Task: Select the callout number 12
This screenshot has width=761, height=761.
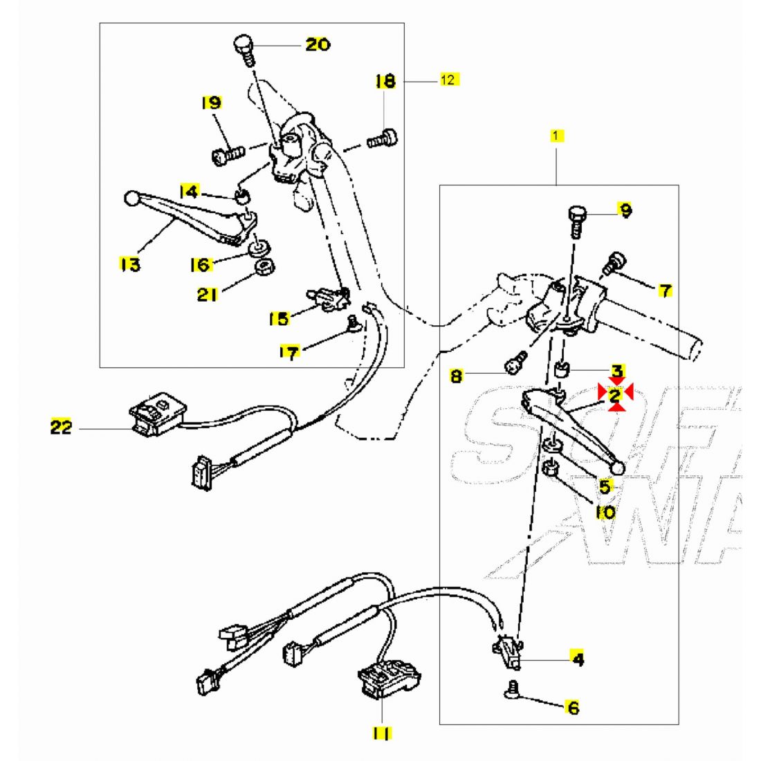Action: pos(448,80)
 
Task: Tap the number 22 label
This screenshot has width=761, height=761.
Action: pos(61,428)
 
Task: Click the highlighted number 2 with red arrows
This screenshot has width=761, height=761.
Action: pos(615,395)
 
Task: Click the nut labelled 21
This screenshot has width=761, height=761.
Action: pos(264,268)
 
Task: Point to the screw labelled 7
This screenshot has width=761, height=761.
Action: pos(614,264)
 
